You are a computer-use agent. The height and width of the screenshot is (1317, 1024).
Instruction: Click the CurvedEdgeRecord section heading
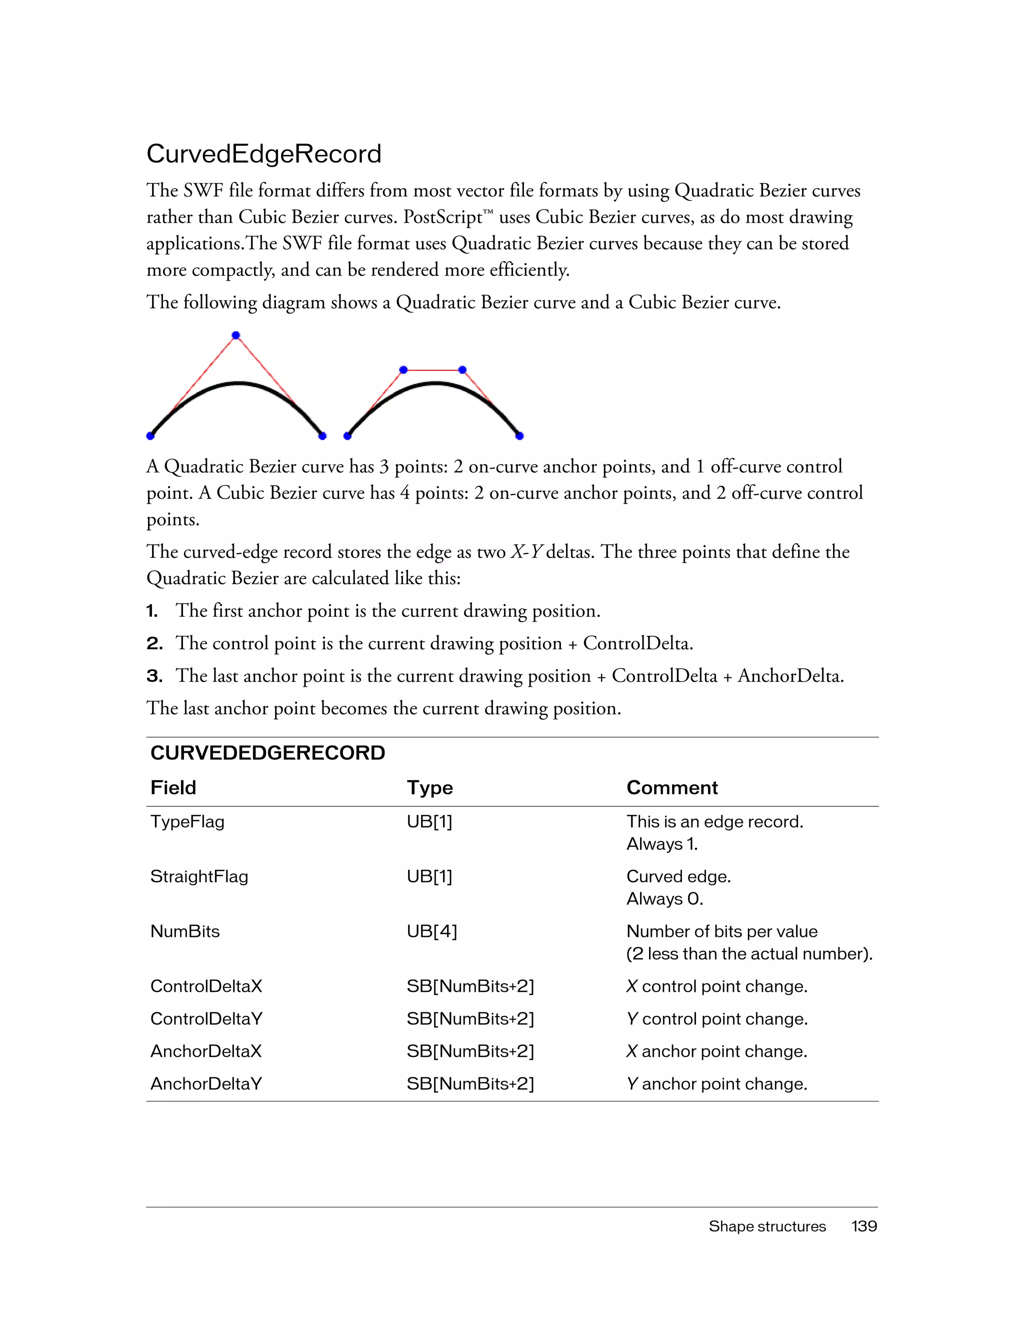(x=263, y=155)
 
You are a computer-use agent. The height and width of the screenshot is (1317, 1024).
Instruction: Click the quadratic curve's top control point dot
(x=235, y=335)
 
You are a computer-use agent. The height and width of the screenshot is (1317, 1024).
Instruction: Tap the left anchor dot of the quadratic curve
(x=150, y=435)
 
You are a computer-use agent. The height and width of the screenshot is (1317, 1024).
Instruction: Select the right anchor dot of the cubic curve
(x=519, y=435)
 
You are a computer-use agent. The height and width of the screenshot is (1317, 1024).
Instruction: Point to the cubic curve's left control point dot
(x=403, y=370)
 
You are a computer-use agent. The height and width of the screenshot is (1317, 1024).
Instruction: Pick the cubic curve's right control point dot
(x=462, y=370)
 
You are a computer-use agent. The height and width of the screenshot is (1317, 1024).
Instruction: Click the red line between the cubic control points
(x=432, y=370)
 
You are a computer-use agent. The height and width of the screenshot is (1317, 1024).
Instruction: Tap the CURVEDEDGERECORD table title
(x=267, y=753)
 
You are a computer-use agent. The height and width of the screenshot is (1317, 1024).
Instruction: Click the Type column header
(x=429, y=787)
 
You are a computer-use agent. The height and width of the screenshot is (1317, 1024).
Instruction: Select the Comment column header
(x=671, y=787)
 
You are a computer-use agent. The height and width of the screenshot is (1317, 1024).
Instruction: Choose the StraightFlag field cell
(x=199, y=876)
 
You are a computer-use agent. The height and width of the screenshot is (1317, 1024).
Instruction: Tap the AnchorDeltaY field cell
(x=205, y=1083)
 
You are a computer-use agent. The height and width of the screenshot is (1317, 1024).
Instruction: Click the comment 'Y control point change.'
(x=716, y=1018)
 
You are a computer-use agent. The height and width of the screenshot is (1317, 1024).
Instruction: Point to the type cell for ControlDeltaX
(x=470, y=986)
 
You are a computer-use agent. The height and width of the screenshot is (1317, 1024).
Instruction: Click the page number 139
(x=863, y=1226)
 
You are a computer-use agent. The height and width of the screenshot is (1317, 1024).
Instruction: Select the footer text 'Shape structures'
(x=766, y=1226)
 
